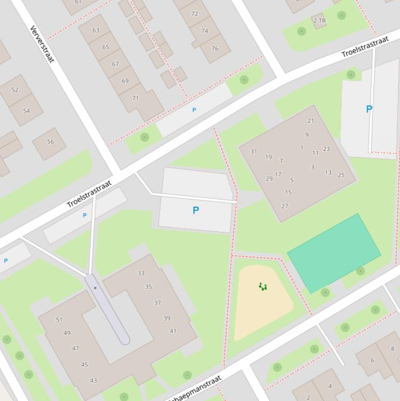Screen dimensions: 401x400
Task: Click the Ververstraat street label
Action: [x=42, y=44]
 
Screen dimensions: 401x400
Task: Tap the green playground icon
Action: [x=263, y=286]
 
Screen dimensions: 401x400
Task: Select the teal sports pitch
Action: [x=333, y=253]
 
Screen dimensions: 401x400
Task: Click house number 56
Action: [x=50, y=142]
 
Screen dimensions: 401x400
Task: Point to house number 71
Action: [x=135, y=98]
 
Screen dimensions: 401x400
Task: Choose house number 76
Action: [x=215, y=48]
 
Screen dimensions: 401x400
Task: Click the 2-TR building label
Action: [x=319, y=21]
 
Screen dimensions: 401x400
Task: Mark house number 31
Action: [x=254, y=152]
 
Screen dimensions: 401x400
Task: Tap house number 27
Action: [x=285, y=206]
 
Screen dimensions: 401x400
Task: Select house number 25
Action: [x=341, y=175]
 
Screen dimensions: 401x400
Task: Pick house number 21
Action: [x=311, y=121]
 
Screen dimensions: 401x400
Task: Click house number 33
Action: [x=141, y=273]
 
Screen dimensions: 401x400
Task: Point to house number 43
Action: [x=94, y=380]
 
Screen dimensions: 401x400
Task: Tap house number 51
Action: [x=59, y=320]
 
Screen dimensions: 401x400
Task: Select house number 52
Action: [x=15, y=90]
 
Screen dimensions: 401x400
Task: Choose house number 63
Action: [x=96, y=30]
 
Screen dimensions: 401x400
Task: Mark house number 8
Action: [x=392, y=349]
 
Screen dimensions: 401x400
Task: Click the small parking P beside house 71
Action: [x=194, y=110]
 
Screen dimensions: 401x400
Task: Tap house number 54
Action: [x=27, y=110]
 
